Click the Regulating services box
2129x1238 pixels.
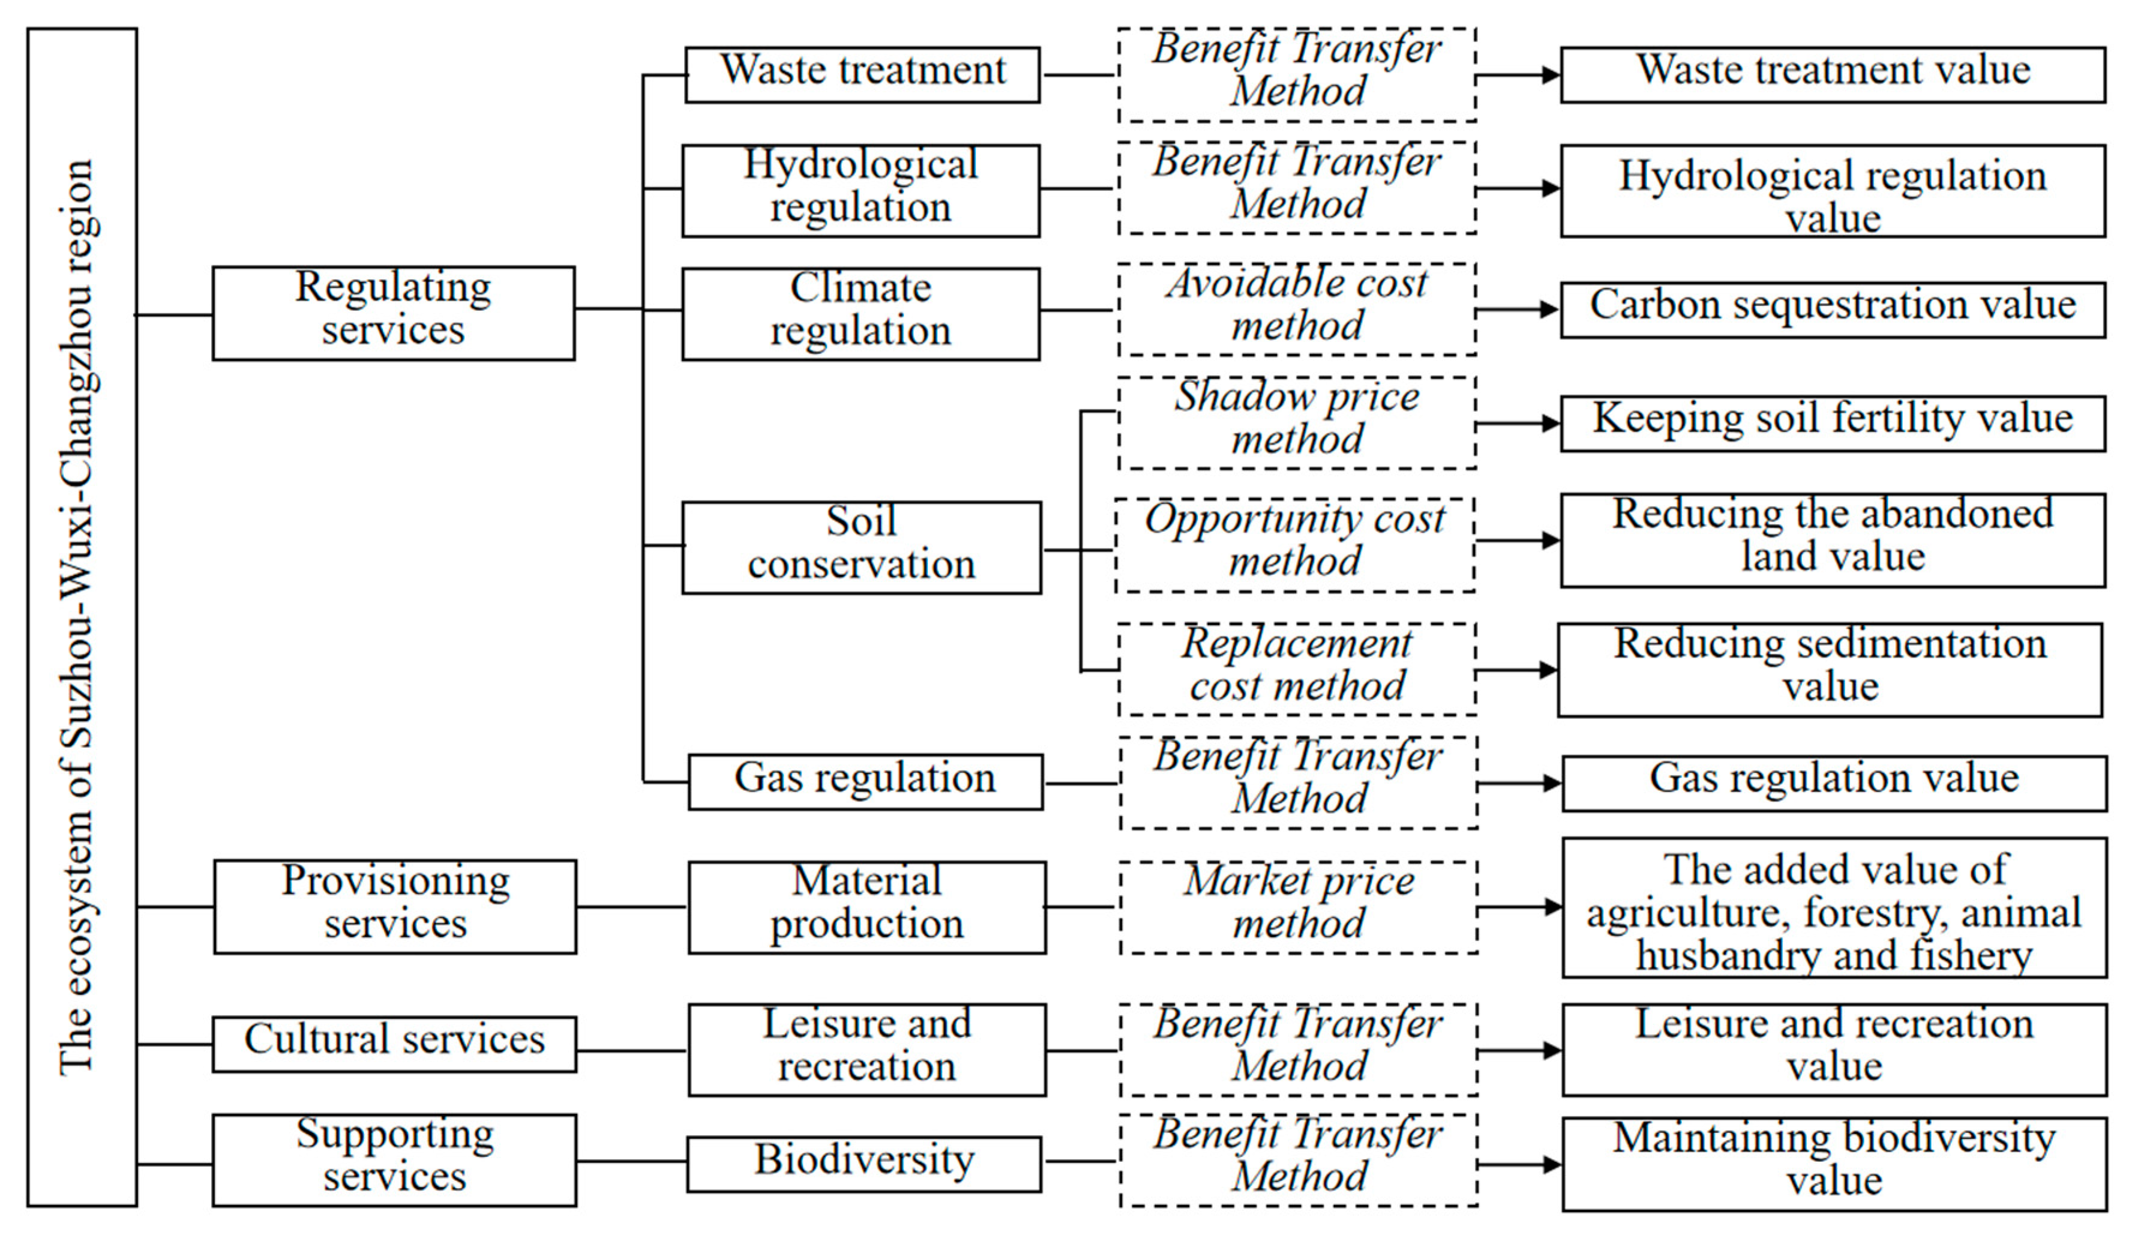393,313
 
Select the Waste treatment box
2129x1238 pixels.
862,74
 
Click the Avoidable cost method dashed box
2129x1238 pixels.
1296,308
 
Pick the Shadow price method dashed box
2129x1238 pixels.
1296,422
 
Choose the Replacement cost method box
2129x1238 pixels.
1296,669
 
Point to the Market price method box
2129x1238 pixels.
1298,907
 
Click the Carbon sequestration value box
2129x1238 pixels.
1831,309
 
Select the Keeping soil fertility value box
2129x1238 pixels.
1831,422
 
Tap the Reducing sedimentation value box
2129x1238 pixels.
1829,669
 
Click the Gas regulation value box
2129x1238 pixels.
1833,783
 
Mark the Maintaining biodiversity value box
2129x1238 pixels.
1833,1164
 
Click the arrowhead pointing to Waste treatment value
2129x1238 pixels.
1551,75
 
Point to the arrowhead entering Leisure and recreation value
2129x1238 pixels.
1553,1050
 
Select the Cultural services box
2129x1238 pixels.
394,1044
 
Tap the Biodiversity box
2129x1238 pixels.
863,1164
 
